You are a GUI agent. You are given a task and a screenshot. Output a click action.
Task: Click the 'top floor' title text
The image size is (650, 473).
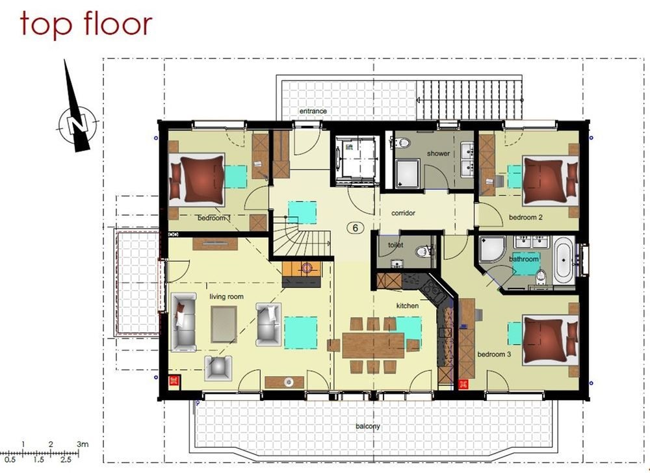(x=86, y=25)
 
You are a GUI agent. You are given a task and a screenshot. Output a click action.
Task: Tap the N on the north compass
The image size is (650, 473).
(x=78, y=124)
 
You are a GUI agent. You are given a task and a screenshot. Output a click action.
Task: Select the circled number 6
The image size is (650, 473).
(x=356, y=228)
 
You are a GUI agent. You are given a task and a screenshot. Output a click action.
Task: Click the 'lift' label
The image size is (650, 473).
(x=349, y=147)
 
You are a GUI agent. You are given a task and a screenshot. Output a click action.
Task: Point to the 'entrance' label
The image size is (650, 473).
(x=313, y=111)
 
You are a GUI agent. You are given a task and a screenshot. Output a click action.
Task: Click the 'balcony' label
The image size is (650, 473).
(x=368, y=426)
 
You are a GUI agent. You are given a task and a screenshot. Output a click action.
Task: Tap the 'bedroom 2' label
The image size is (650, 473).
(x=526, y=217)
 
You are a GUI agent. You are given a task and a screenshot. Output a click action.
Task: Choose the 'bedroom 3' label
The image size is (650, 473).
(x=494, y=354)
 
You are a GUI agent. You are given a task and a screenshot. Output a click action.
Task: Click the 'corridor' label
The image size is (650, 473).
(x=403, y=213)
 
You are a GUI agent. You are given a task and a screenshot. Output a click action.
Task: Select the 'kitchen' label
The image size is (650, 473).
(x=407, y=305)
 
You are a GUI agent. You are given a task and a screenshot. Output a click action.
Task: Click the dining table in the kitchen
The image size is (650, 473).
(x=373, y=346)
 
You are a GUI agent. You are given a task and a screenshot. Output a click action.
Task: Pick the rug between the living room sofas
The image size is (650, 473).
(x=224, y=324)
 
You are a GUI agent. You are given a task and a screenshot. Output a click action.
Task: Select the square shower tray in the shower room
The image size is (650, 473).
(x=407, y=173)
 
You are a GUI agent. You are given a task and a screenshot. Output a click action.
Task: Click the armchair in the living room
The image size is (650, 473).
(x=218, y=367)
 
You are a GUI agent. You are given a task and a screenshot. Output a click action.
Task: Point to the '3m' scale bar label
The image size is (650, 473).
(x=83, y=444)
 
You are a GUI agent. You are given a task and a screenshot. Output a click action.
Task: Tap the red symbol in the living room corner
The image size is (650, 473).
(x=174, y=381)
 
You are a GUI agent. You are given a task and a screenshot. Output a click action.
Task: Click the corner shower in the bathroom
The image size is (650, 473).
(x=491, y=249)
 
